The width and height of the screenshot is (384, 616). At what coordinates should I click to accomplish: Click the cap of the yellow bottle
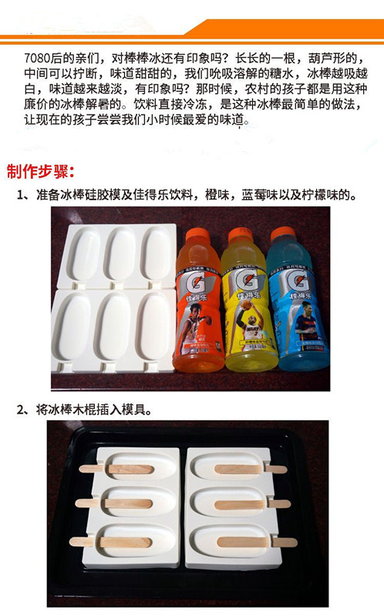pyautogui.click(x=241, y=235)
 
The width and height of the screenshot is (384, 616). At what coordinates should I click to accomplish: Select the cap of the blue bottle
pyautogui.click(x=283, y=234)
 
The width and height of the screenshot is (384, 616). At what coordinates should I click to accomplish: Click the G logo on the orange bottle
pyautogui.click(x=196, y=281)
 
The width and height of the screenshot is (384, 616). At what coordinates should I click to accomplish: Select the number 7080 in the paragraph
pyautogui.click(x=37, y=59)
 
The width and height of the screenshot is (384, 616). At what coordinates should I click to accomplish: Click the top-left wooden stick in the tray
pyautogui.click(x=116, y=469)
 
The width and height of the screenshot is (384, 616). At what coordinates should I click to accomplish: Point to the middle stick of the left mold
pyautogui.click(x=113, y=504)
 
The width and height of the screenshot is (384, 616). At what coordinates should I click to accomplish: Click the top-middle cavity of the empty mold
pyautogui.click(x=120, y=254)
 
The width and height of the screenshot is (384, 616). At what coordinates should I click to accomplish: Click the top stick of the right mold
pyautogui.click(x=251, y=469)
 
